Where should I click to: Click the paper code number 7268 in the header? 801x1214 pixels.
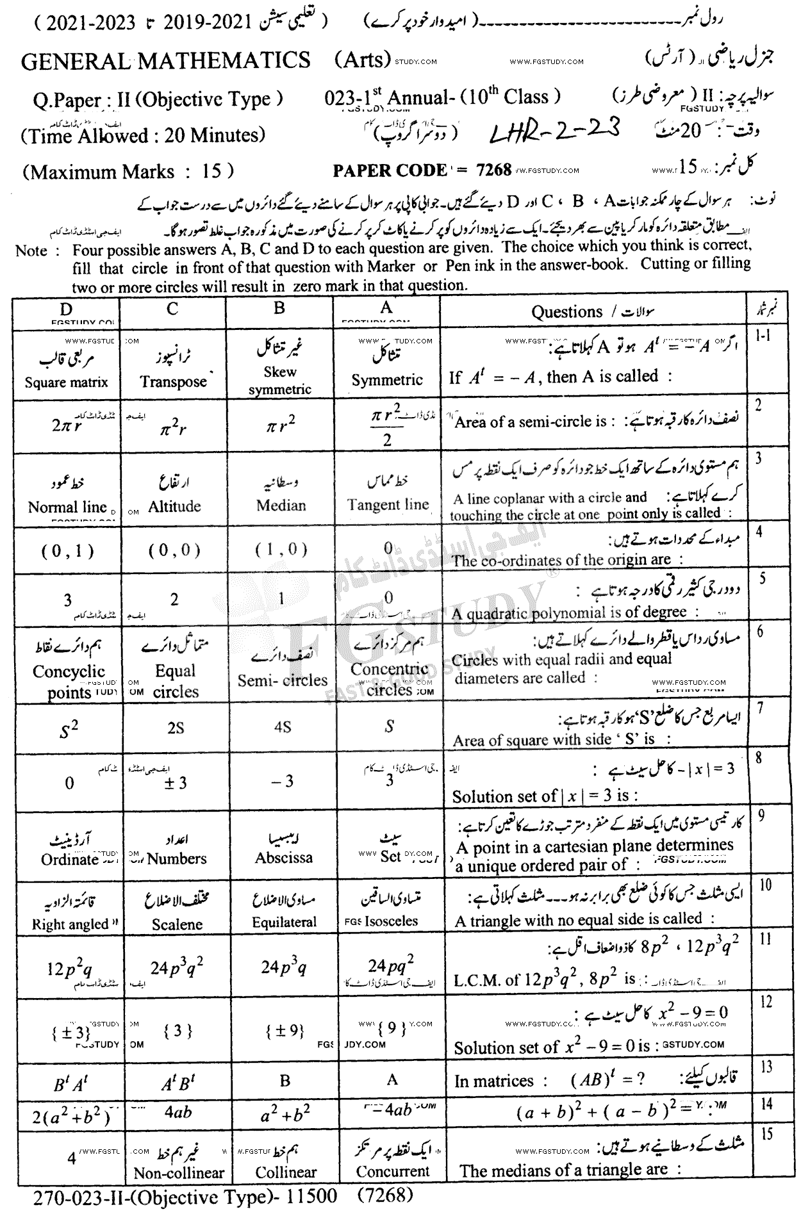[x=493, y=170]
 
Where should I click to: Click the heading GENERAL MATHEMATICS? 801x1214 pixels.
[x=166, y=61]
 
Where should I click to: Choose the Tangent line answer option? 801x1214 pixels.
[x=388, y=504]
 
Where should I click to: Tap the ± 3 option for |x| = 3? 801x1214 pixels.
[x=175, y=782]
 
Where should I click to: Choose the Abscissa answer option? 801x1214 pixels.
[x=283, y=858]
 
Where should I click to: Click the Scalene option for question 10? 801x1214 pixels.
[x=177, y=924]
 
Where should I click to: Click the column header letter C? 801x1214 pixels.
[x=172, y=309]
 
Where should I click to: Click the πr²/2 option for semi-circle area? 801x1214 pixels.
[x=386, y=426]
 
